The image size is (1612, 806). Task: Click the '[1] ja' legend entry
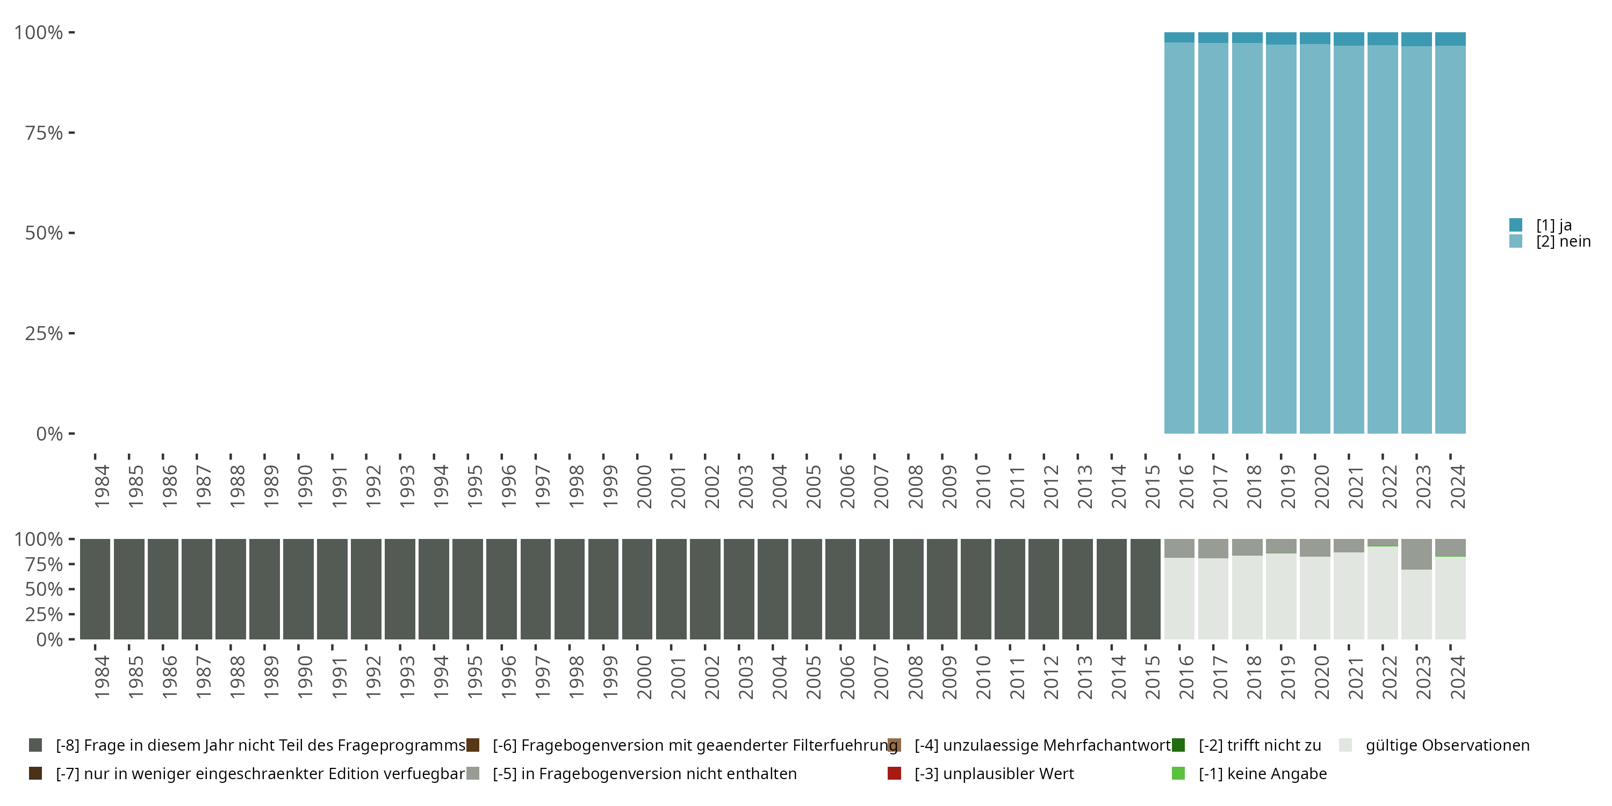[x=1553, y=225]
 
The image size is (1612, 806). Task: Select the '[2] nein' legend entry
[x=1563, y=242]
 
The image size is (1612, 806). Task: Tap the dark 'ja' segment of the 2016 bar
[x=1179, y=38]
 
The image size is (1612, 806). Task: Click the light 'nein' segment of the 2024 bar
[x=1450, y=238]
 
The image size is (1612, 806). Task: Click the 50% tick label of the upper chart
[x=44, y=233]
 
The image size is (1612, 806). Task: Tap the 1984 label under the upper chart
[x=102, y=487]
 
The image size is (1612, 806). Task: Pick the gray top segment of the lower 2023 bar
[x=1416, y=554]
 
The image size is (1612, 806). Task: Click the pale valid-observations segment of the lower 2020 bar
[x=1315, y=598]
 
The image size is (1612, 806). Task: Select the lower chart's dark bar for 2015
[x=1145, y=589]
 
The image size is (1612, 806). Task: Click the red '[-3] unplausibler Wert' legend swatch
[x=894, y=773]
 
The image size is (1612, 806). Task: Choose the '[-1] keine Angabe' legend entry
[x=1262, y=773]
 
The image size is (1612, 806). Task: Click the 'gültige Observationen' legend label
[x=1447, y=745]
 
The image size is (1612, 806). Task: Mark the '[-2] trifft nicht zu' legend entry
[x=1259, y=745]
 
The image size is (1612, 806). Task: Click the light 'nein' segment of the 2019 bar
[x=1281, y=238]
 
